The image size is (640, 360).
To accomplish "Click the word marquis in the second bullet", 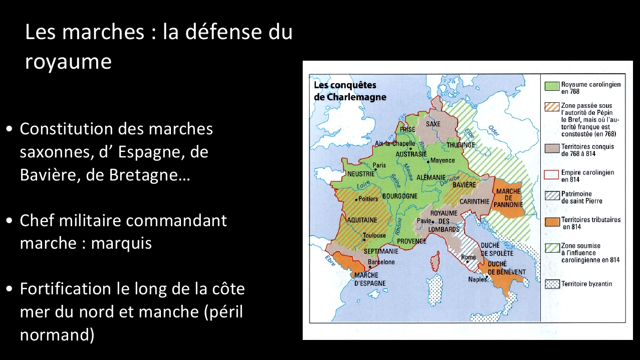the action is coord(121,244).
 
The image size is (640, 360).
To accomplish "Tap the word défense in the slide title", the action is coord(224,32).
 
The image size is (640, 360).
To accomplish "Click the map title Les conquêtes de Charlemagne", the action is coord(350,91).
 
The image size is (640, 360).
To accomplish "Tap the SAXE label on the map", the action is coord(433,124).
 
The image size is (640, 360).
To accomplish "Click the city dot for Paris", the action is coord(375,169).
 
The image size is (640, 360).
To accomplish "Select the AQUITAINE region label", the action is coord(362,220).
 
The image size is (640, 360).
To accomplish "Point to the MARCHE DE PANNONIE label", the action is coord(508,198).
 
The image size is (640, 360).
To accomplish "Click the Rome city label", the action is coord(468,257).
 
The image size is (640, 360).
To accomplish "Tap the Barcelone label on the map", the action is coord(381,262).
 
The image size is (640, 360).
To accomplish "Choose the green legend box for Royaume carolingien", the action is coord(552,86).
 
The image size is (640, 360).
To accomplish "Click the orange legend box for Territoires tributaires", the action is coord(552,222).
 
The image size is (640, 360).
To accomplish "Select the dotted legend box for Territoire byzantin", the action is coord(552,284).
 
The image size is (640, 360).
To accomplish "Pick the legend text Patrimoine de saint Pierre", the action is coord(582,198).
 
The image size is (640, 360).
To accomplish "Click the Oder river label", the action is coord(494,130).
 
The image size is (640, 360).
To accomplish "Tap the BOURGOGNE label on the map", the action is coord(400,196).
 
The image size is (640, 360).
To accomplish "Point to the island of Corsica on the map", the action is coord(435,261).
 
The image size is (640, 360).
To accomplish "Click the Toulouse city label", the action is coord(374,235).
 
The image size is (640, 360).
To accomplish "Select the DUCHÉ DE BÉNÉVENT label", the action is coord(506,268).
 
